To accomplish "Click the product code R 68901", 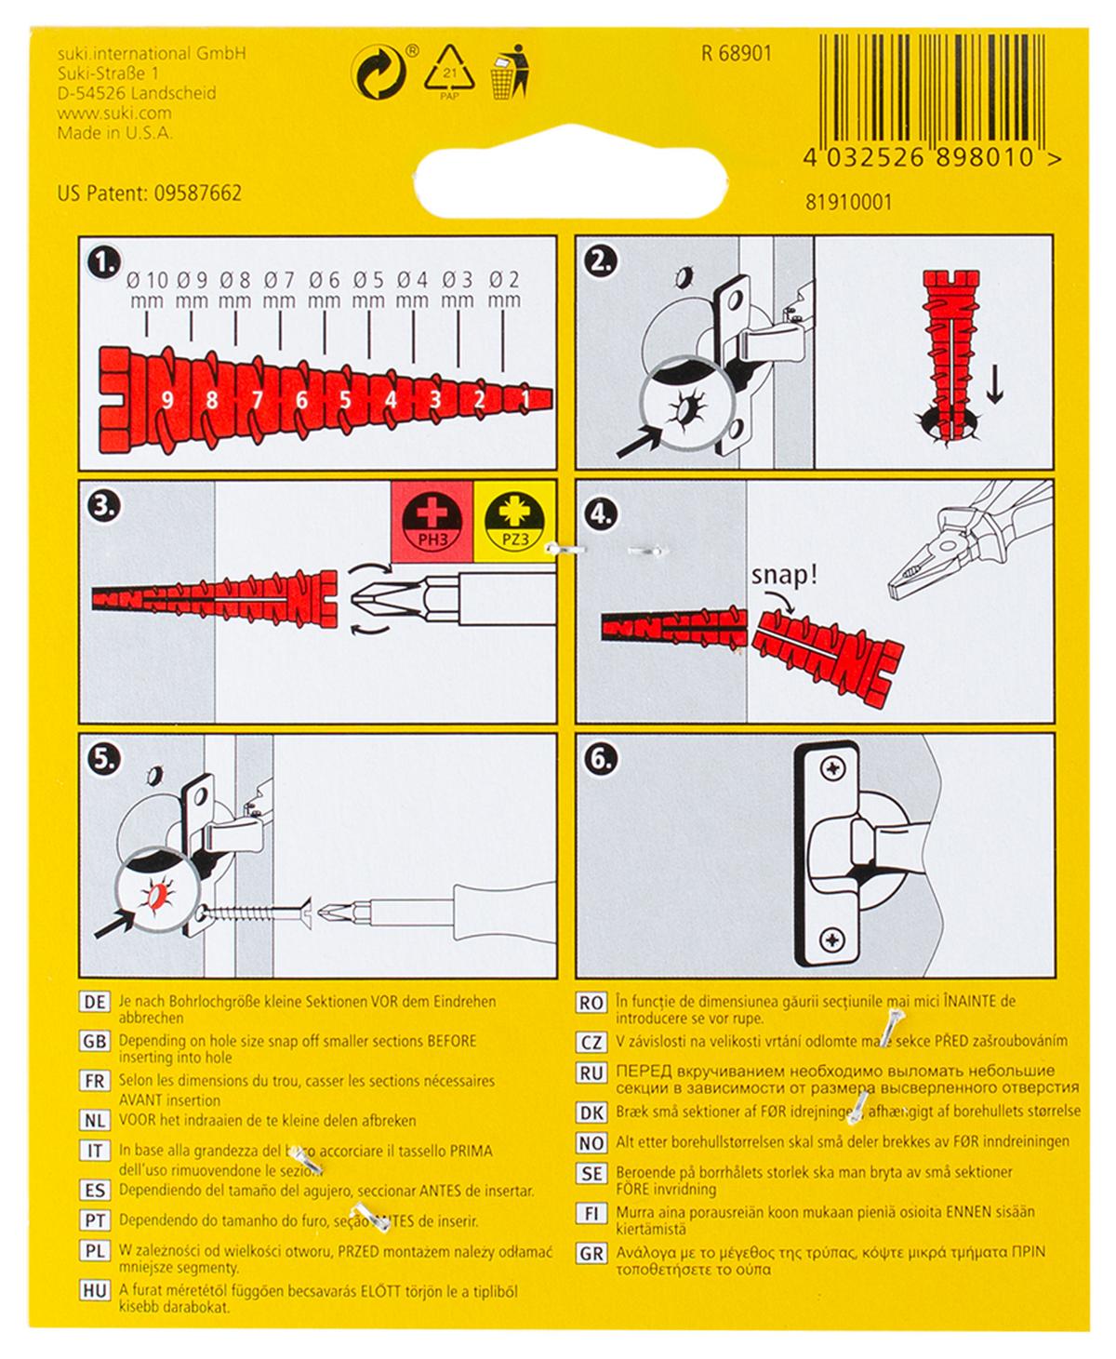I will pos(736,54).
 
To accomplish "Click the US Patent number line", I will pos(150,193).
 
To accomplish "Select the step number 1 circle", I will pos(103,262).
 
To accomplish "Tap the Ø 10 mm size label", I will pos(147,289).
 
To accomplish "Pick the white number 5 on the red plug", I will pos(346,401).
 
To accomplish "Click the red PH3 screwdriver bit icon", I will pos(432,521).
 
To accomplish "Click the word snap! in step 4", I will pos(784,575).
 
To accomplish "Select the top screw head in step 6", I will pos(831,769).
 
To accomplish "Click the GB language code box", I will pos(95,1042).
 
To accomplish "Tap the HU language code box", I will pos(95,1291).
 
